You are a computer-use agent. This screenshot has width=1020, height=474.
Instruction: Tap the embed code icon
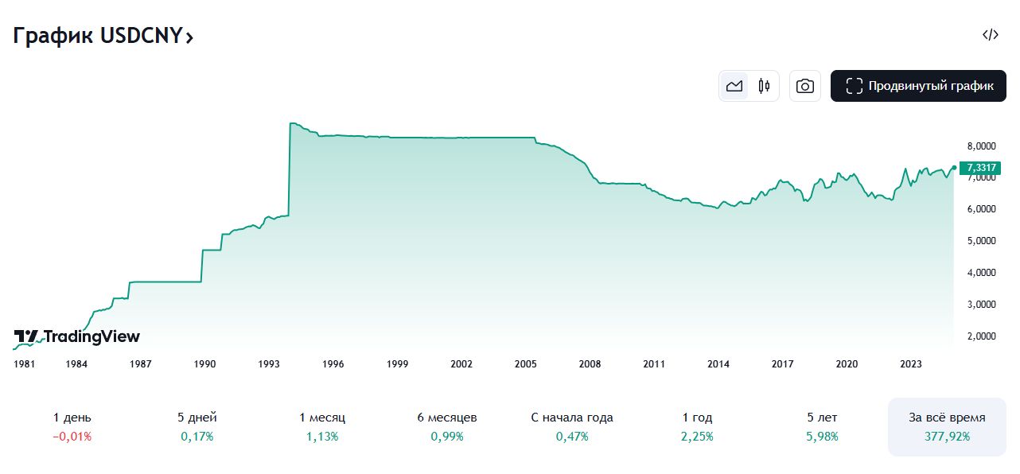coord(990,34)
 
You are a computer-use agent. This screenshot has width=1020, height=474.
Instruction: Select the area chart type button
coord(734,86)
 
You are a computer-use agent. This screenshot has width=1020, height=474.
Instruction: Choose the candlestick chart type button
coord(764,86)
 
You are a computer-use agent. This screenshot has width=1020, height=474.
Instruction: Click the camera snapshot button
coord(805,86)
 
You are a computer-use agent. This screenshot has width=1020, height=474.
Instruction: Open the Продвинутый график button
coord(918,86)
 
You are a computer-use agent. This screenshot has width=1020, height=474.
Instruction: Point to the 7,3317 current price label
coord(979,167)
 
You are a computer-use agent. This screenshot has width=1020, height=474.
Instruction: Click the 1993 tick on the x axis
coord(269,364)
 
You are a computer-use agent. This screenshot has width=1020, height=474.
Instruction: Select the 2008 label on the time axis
coord(590,364)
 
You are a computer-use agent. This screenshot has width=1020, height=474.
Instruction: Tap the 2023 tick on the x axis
coord(911,364)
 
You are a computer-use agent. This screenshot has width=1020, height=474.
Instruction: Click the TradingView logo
coord(77,336)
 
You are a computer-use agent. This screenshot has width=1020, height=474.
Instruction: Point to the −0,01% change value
coord(72,437)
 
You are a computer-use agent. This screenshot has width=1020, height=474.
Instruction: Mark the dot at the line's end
coord(953,167)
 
